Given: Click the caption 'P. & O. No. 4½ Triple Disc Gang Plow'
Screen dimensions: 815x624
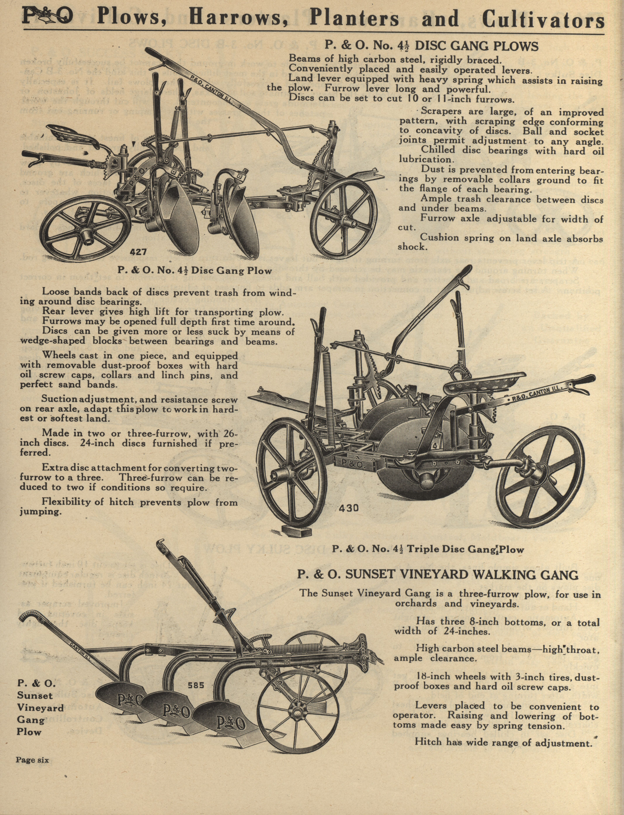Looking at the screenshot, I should (428, 550).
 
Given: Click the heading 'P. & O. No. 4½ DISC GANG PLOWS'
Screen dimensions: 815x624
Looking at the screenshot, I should (432, 46).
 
